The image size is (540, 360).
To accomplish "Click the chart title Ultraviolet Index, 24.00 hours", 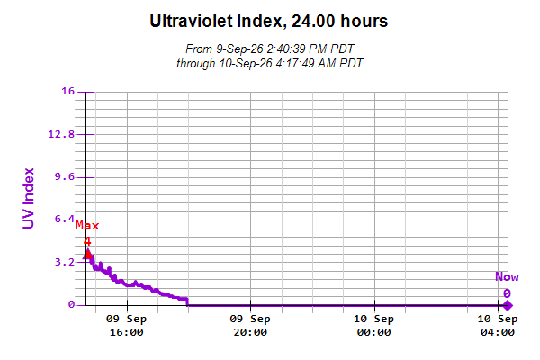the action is [269, 21].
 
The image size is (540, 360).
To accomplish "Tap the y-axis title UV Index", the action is [28, 198].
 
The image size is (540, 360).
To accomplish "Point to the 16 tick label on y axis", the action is [67, 91].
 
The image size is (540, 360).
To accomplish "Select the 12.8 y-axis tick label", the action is [61, 134].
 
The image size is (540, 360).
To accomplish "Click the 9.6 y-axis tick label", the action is [65, 177].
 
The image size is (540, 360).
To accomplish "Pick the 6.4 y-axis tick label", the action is [65, 219].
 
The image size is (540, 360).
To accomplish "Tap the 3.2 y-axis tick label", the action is [65, 262].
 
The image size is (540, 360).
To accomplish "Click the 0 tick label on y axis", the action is [71, 304].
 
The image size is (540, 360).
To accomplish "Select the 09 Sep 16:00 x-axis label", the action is [126, 326].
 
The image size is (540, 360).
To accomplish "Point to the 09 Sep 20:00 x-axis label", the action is [250, 326].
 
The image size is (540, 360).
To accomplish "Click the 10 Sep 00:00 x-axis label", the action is [374, 326].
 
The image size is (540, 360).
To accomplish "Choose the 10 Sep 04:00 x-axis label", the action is [498, 326].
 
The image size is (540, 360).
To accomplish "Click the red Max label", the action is [87, 226].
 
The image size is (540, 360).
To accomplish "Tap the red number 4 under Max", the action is [87, 241].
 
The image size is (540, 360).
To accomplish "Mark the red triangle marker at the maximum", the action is [88, 254].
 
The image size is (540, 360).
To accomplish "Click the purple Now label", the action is [507, 276].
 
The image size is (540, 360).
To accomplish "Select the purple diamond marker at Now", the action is [508, 305].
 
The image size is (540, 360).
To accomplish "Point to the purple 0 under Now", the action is [507, 293].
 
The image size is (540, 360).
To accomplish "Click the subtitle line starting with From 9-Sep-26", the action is [270, 49].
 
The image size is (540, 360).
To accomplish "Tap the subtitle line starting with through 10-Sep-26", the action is [270, 64].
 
